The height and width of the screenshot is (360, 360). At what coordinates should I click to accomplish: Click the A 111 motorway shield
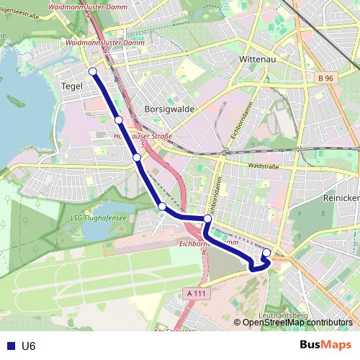196,293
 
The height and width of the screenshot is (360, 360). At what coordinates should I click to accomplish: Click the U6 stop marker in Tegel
92,71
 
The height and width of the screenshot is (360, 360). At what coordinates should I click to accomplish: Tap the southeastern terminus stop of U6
266,252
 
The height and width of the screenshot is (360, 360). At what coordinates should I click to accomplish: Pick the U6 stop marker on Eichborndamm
207,218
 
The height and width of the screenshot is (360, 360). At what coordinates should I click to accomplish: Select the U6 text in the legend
29,346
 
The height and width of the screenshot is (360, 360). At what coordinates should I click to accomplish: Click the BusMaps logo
325,345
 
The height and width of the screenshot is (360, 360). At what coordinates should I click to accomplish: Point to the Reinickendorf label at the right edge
344,197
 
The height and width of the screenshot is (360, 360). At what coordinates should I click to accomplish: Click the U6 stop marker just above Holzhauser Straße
118,120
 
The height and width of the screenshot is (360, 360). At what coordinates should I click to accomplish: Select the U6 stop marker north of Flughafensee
162,207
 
